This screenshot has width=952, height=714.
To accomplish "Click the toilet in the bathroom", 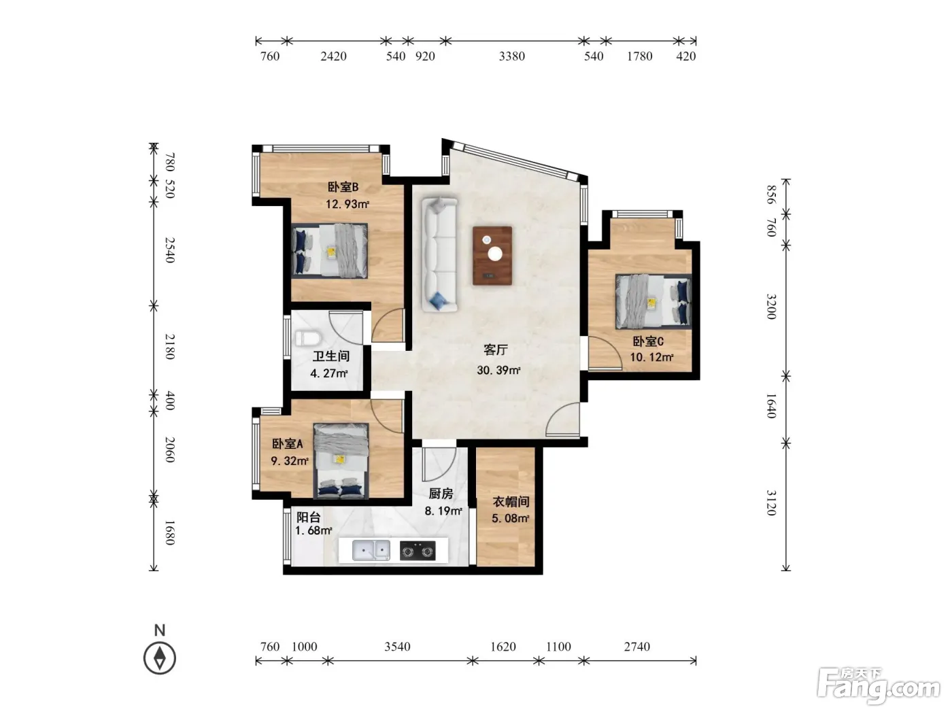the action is tap(307, 338).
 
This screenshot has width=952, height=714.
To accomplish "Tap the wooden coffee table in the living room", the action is tap(492, 256).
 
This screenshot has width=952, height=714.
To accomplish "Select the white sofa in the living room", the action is tap(440, 254).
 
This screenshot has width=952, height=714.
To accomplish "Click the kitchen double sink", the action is tap(371, 550).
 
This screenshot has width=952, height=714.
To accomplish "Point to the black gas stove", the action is tap(418, 551).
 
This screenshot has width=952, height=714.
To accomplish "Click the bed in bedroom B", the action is tap(330, 250).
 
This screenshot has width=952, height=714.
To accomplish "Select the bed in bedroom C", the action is tap(653, 301).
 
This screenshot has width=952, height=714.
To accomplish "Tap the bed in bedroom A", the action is tap(341, 461).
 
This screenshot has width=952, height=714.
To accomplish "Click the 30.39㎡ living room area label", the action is tap(498, 370).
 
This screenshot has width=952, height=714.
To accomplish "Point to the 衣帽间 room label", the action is tap(511, 502).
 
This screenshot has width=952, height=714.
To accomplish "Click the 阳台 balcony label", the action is tap(308, 517).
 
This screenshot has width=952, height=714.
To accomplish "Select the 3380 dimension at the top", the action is tap(512, 56).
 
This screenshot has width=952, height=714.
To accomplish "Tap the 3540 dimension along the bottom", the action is tap(397, 647).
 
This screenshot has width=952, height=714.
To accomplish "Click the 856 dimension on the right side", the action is tap(770, 194).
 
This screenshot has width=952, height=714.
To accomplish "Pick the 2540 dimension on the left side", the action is tap(169, 250).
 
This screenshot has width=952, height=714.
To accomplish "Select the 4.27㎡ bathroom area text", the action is tap(329, 373).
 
